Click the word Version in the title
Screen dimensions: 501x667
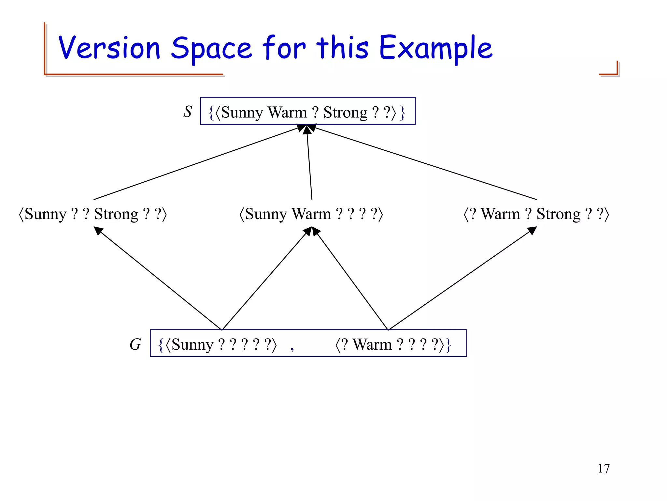click(x=109, y=48)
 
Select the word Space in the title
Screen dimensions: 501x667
click(x=211, y=49)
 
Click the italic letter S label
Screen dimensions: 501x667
click(x=188, y=112)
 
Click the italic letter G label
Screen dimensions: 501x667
click(x=135, y=344)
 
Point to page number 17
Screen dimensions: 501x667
click(x=603, y=468)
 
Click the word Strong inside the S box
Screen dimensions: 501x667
click(x=345, y=113)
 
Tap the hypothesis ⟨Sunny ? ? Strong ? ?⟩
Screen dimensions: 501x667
click(x=93, y=214)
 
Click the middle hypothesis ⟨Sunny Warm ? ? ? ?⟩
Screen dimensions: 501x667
click(x=311, y=214)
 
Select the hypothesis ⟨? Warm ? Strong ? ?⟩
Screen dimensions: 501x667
click(x=536, y=214)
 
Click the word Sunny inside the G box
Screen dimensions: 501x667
click(x=192, y=345)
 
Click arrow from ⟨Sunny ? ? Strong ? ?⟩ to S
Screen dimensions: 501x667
click(x=195, y=163)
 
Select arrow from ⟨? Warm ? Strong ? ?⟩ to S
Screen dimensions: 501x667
click(x=423, y=163)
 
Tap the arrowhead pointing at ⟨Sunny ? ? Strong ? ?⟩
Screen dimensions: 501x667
click(x=98, y=231)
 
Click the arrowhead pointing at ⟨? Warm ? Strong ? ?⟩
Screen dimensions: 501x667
click(x=532, y=231)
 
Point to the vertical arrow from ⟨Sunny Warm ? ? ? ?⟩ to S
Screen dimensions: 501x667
click(x=309, y=163)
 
